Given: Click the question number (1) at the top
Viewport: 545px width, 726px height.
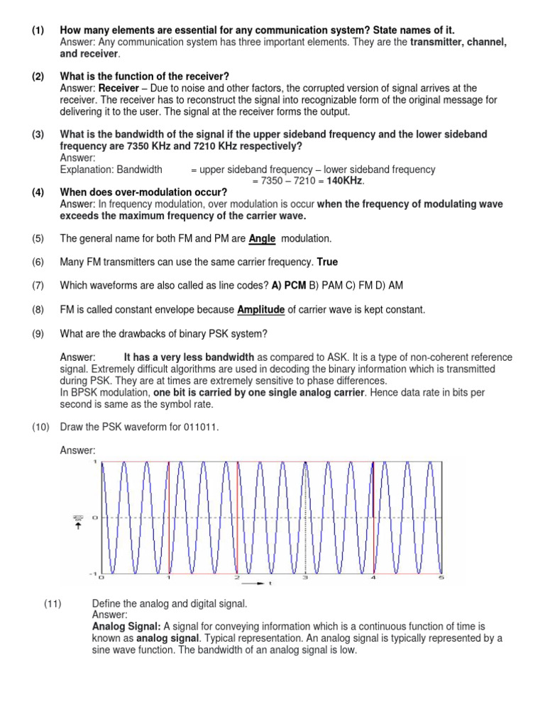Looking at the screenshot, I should (38, 30).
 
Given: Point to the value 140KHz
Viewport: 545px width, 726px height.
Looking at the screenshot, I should (343, 181).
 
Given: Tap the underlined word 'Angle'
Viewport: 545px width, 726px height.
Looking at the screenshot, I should (262, 239).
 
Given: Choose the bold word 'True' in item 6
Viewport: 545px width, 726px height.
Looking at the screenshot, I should (327, 262).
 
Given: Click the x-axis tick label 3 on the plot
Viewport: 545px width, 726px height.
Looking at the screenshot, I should (305, 578).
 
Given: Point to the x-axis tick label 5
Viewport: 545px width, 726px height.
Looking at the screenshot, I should (442, 578).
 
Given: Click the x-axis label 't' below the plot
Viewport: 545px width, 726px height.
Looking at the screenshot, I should (270, 584).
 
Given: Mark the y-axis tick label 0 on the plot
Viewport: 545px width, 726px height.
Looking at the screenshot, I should (95, 518).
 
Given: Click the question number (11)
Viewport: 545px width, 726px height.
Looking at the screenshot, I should (54, 603).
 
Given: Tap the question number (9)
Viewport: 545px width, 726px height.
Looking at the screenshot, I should (38, 333).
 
